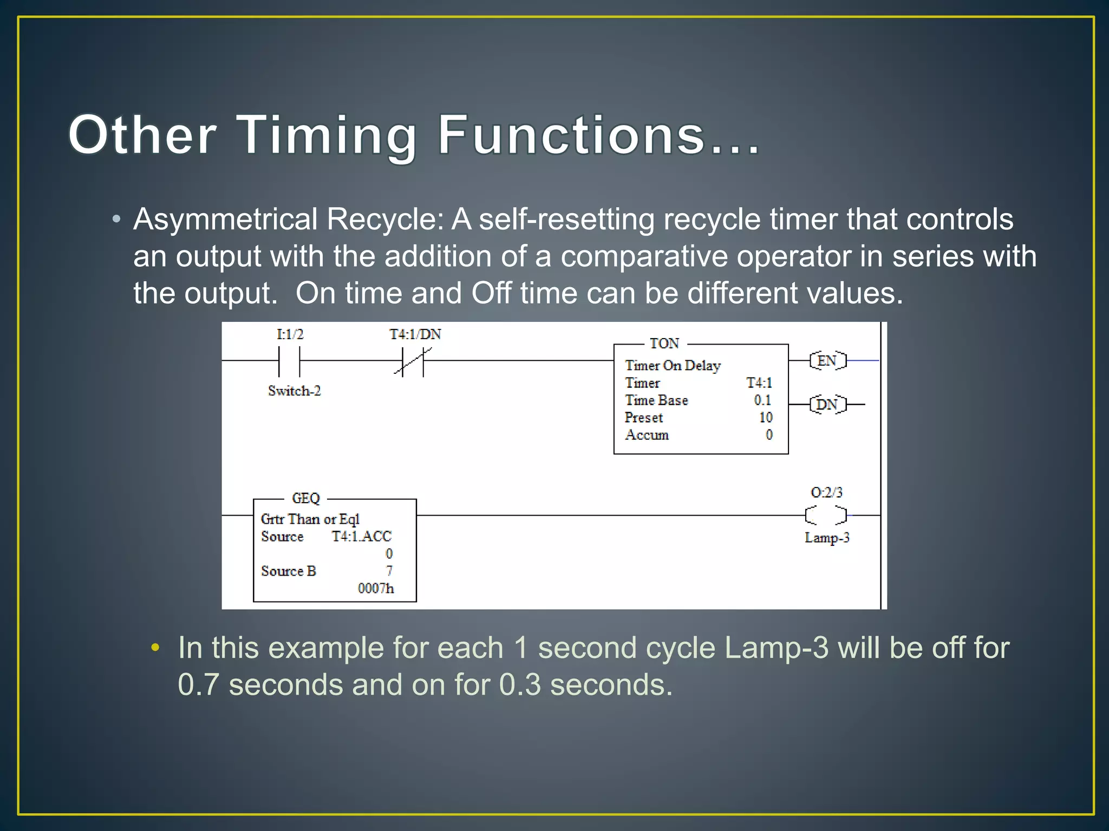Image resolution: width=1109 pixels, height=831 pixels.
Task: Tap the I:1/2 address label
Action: point(290,334)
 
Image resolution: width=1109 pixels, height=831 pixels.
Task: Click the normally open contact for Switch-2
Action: point(289,361)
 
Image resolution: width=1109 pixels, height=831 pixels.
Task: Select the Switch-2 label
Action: point(294,391)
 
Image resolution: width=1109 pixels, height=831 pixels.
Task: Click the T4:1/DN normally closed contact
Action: point(413,361)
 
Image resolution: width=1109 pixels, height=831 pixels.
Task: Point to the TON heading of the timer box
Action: point(664,344)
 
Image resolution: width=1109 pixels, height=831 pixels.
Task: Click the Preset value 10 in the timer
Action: point(765,418)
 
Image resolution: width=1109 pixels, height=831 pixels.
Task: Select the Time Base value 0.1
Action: point(762,400)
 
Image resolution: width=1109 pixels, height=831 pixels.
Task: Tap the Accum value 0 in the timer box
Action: point(769,435)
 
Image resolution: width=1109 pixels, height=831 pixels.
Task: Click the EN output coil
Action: point(827,360)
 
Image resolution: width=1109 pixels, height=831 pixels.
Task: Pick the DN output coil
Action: point(827,404)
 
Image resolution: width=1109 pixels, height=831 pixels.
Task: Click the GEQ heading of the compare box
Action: point(306,498)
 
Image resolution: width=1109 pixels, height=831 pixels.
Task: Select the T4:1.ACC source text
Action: point(361,536)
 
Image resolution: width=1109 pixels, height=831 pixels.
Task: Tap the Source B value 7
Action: point(389,571)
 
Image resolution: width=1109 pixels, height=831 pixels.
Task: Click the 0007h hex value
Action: point(376,588)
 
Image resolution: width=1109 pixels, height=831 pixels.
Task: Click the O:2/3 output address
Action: point(826,492)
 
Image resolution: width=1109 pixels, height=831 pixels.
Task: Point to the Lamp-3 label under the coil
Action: point(827,538)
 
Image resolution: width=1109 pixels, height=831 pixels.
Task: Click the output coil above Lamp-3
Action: point(826,515)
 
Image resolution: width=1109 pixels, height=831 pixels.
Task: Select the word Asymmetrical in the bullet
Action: point(225,220)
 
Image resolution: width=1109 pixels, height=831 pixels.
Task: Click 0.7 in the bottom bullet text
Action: point(198,685)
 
